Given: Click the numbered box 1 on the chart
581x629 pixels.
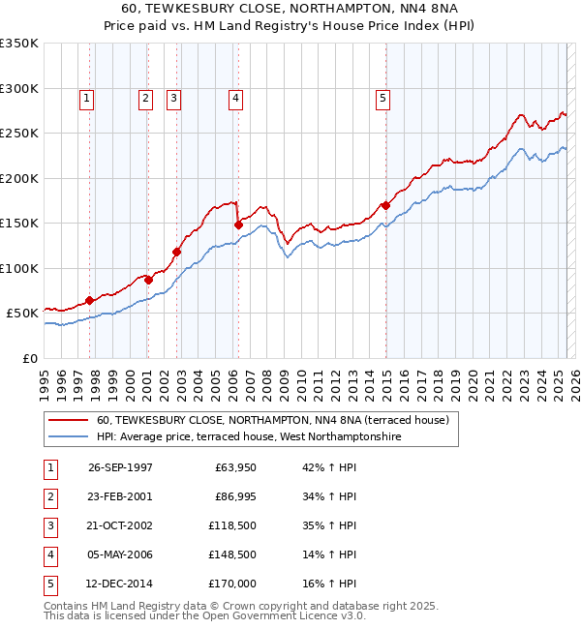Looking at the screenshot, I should [87, 97].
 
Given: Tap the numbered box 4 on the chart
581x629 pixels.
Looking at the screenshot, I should [235, 97].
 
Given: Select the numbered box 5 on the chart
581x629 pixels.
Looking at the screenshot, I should [383, 97].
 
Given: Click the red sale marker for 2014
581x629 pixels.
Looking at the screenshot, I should [385, 205].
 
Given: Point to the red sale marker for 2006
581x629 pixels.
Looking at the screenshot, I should [238, 225].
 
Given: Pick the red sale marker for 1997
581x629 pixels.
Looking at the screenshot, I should [89, 300].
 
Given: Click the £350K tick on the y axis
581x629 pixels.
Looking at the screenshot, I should [19, 44].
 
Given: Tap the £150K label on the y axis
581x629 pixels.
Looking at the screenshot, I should [19, 224].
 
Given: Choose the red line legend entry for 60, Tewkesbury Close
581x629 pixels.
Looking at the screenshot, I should [272, 421].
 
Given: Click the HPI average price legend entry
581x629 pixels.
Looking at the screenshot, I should [248, 437].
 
